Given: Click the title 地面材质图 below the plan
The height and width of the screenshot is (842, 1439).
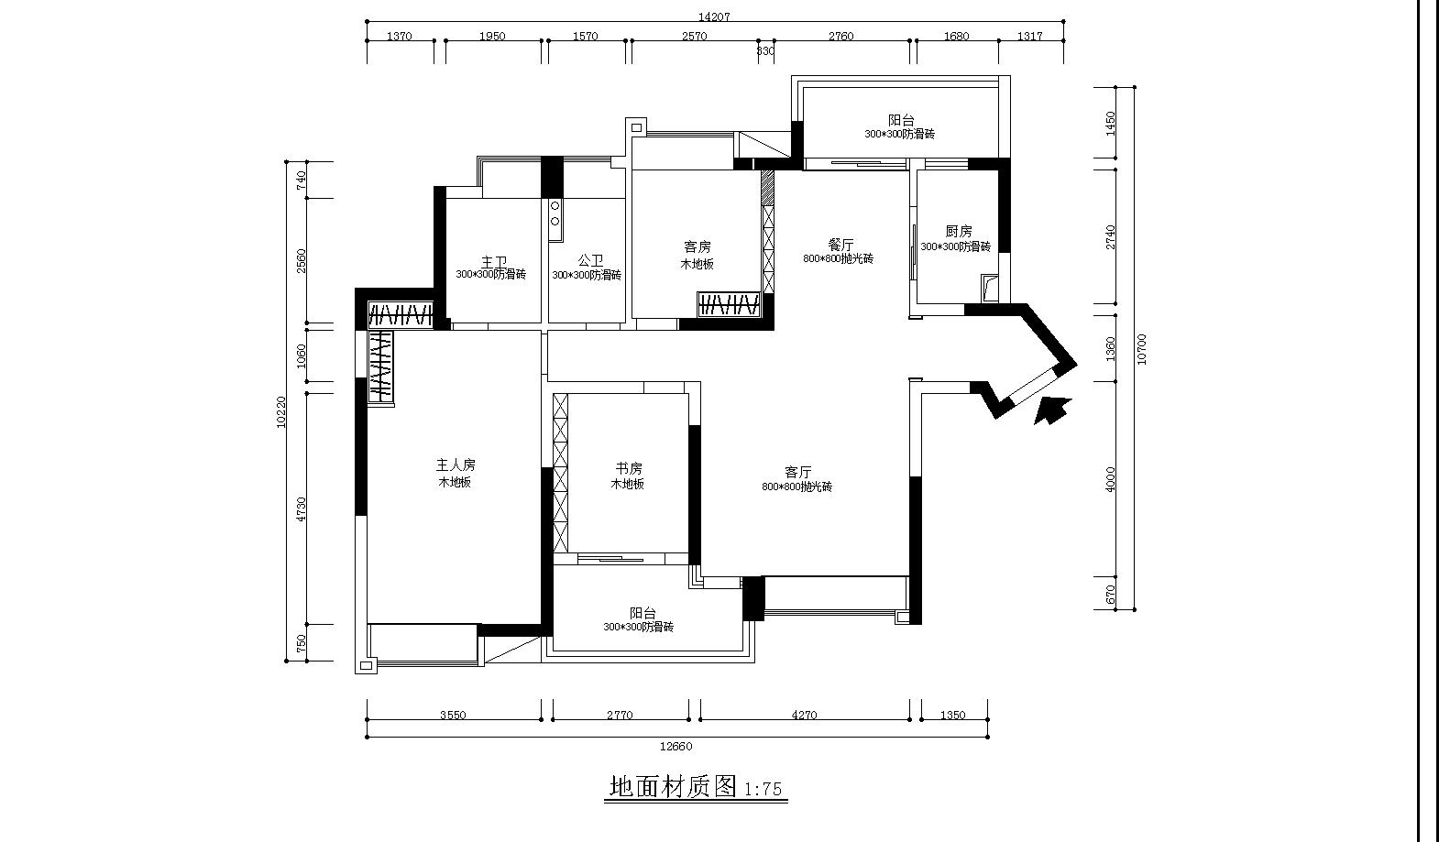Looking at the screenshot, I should pyautogui.click(x=674, y=786).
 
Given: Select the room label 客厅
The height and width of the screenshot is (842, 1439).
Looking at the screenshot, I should pyautogui.click(x=797, y=472).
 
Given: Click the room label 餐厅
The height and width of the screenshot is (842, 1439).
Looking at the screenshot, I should pyautogui.click(x=840, y=245).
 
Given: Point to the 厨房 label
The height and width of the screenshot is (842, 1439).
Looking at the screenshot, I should pyautogui.click(x=959, y=232).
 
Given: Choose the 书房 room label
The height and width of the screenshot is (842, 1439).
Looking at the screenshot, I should pyautogui.click(x=628, y=469).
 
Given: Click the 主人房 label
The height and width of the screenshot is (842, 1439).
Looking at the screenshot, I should pyautogui.click(x=456, y=465).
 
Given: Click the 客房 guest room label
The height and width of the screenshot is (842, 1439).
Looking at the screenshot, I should pyautogui.click(x=697, y=246).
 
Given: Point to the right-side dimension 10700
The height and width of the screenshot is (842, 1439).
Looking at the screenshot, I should pyautogui.click(x=1141, y=349).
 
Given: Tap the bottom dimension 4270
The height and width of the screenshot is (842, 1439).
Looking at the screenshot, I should pyautogui.click(x=804, y=716).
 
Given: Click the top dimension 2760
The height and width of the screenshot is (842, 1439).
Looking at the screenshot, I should pyautogui.click(x=840, y=37).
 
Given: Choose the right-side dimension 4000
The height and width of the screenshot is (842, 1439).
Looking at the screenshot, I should pyautogui.click(x=1112, y=480).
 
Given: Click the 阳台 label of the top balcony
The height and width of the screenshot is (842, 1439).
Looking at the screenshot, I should pyautogui.click(x=901, y=120).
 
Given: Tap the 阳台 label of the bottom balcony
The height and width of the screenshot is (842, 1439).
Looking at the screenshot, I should pyautogui.click(x=643, y=613).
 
